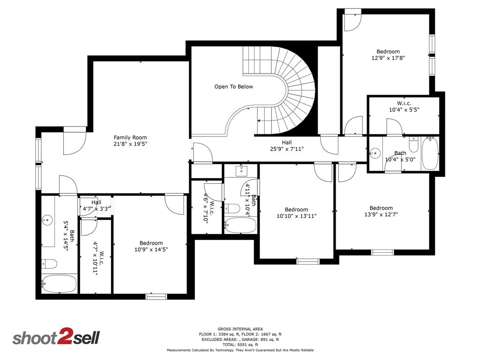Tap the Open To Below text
(233, 87)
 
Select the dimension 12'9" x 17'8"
(388, 58)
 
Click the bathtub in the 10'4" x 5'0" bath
(430, 153)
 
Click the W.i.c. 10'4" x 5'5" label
(404, 106)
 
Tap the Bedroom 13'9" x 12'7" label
(381, 211)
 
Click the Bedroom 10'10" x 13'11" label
(296, 213)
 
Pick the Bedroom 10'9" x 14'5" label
(151, 246)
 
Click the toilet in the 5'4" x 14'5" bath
(49, 264)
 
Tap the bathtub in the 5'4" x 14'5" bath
(59, 284)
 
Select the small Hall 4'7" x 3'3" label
(96, 206)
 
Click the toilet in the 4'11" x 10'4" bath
(232, 209)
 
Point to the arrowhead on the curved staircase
(259, 120)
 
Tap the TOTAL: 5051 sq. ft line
(240, 345)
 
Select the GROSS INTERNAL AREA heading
(240, 329)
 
